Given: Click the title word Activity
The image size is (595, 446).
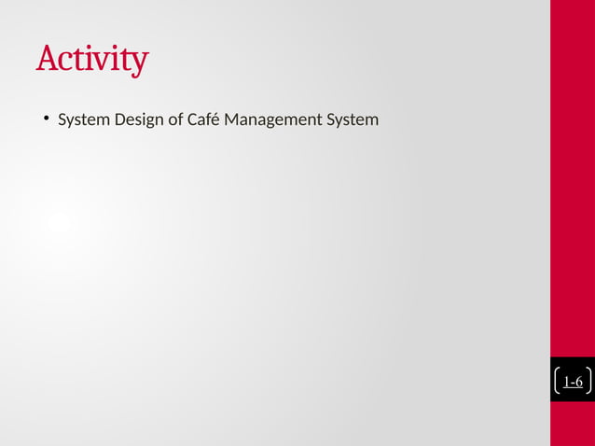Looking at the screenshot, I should tap(91, 59).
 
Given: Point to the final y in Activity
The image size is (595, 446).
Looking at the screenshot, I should tap(139, 63).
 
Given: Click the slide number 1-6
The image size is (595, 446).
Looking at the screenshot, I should tap(573, 382).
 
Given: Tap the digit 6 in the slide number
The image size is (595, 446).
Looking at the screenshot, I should tap(579, 382).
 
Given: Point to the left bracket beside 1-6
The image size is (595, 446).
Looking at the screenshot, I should tap(558, 382).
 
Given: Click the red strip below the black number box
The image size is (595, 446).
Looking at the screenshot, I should tap(573, 424).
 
